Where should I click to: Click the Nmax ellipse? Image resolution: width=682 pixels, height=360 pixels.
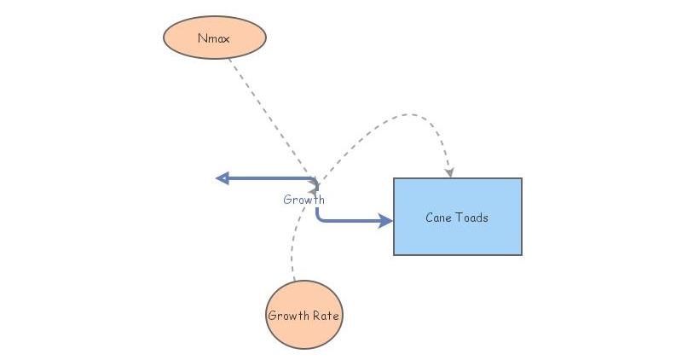215,38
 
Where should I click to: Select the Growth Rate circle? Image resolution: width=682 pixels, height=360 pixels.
303,315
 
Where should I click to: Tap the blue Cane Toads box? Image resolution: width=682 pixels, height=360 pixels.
457,217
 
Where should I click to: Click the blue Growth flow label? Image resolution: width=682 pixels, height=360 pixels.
303,200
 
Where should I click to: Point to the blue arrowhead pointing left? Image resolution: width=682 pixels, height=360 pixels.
223,178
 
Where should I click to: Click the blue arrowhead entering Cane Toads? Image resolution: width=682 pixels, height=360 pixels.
386,221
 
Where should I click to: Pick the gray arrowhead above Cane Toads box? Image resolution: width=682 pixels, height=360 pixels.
448,173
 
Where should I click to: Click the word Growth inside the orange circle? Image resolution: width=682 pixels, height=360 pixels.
288,316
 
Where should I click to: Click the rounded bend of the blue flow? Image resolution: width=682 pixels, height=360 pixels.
319,218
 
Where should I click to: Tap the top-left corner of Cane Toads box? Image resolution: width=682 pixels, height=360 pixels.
394,178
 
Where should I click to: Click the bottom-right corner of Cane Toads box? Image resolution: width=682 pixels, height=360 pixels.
521,254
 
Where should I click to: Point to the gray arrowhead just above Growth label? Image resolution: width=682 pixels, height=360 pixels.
315,184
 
